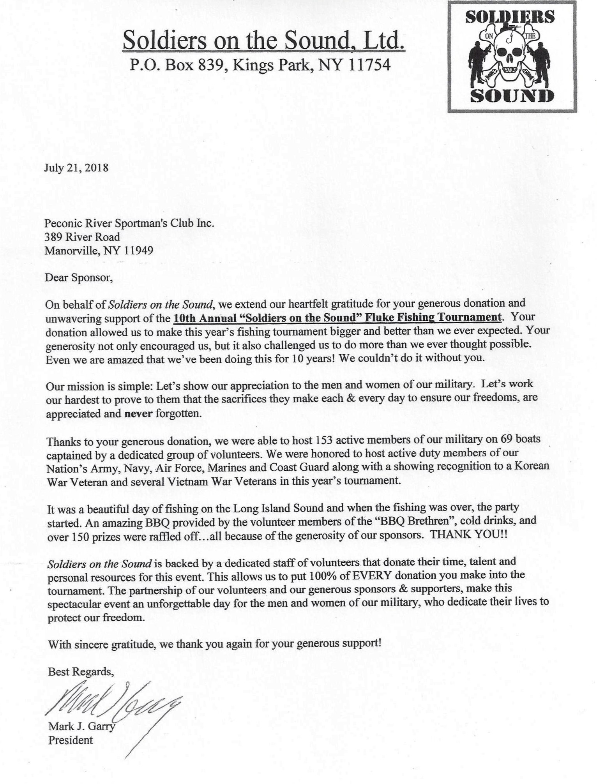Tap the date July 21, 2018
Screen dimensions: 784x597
coord(76,168)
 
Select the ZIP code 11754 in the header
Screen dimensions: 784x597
coord(368,65)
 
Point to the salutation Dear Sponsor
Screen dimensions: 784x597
coord(79,278)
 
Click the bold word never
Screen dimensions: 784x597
coord(138,413)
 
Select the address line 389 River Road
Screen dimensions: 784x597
coord(82,237)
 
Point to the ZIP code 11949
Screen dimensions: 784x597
coord(138,251)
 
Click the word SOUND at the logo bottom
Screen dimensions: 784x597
coord(511,95)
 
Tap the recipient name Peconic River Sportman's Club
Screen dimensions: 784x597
coord(129,223)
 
